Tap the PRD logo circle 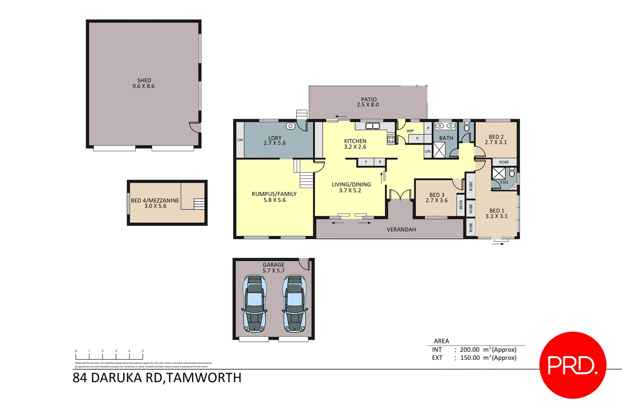(x=573, y=365)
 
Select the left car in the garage (x=255, y=303)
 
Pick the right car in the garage (x=294, y=303)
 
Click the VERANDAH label (x=401, y=230)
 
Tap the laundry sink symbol (x=290, y=126)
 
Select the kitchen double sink (x=372, y=126)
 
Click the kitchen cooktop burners (x=391, y=139)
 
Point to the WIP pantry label (x=410, y=131)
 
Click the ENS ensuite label (x=504, y=182)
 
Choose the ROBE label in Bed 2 (x=504, y=162)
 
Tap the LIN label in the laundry (x=240, y=140)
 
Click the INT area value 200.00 (x=470, y=350)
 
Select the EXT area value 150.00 (x=470, y=358)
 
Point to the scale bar (x=109, y=355)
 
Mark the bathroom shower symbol (x=439, y=150)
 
